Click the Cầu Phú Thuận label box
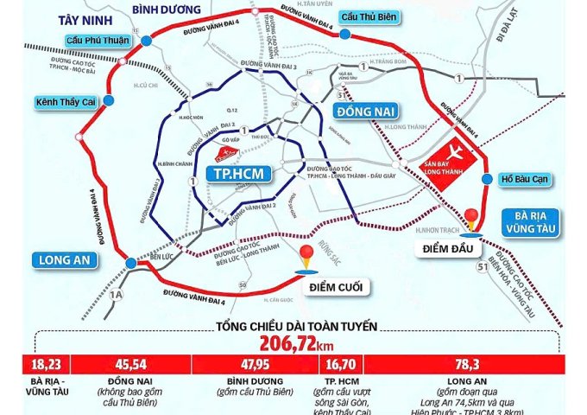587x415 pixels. pos(99,40)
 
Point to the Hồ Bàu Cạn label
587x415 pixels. pos(527,181)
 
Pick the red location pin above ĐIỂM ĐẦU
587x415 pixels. pos(471,220)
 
